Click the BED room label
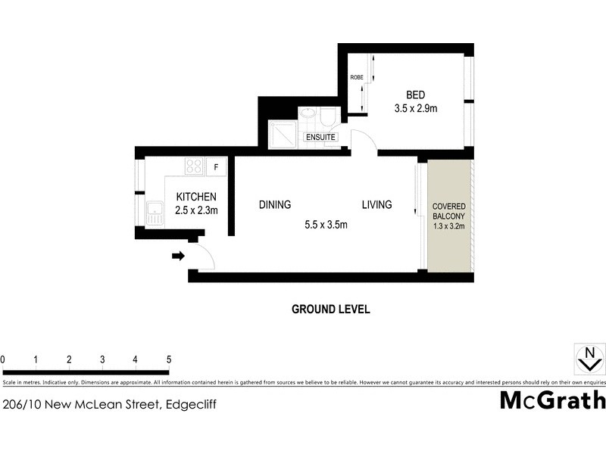[x=415, y=95]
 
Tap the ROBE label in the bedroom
[x=356, y=77]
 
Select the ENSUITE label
[x=320, y=137]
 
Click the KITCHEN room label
[x=196, y=197]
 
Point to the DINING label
[x=274, y=204]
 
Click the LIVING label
[x=376, y=204]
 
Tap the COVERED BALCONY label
[x=448, y=211]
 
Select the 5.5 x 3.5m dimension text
[x=325, y=224]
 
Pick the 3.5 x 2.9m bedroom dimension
[x=416, y=109]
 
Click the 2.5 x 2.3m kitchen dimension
[x=196, y=210]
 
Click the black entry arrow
[x=179, y=256]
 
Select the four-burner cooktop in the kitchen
[x=194, y=166]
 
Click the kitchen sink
[x=155, y=214]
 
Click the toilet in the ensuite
[x=328, y=118]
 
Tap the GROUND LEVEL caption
[x=330, y=309]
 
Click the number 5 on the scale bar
[x=168, y=359]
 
